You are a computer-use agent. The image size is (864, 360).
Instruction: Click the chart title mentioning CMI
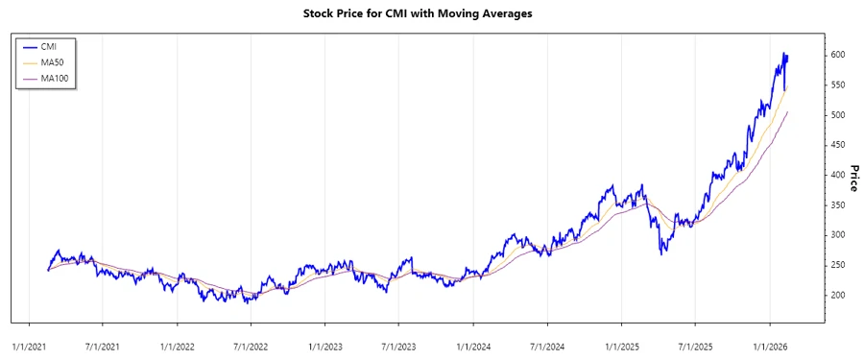pyautogui.click(x=431, y=14)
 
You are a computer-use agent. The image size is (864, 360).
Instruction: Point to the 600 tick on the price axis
pyautogui.click(x=838, y=56)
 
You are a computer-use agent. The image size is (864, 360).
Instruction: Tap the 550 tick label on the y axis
pyautogui.click(x=838, y=85)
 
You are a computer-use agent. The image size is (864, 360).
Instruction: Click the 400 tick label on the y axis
pyautogui.click(x=838, y=175)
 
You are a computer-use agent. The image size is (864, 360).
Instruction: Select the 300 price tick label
pyautogui.click(x=838, y=235)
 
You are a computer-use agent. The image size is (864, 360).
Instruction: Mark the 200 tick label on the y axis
pyautogui.click(x=838, y=295)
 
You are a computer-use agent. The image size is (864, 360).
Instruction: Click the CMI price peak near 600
pyautogui.click(x=783, y=54)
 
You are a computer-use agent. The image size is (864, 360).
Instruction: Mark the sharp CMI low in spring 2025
pyautogui.click(x=660, y=253)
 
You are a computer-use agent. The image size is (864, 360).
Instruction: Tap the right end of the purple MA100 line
pyautogui.click(x=787, y=112)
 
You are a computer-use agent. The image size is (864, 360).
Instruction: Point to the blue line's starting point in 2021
pyautogui.click(x=47, y=271)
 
